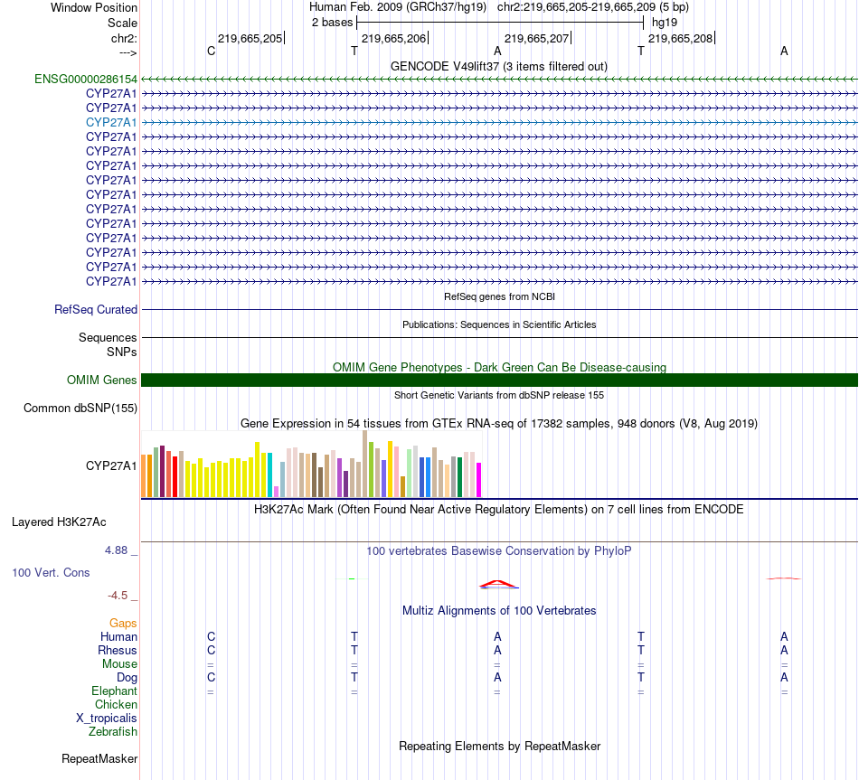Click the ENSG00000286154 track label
tap(86, 79)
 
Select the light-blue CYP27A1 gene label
tap(111, 122)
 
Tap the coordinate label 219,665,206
tap(393, 39)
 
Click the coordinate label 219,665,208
tap(680, 39)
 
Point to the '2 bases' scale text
tap(332, 22)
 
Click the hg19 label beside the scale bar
tap(664, 22)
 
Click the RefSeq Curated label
tap(96, 309)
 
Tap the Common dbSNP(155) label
tap(80, 409)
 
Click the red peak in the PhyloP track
tap(496, 582)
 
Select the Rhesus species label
tap(118, 651)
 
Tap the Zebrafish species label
tap(113, 732)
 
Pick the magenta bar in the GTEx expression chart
tap(479, 479)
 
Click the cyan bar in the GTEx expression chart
tap(270, 474)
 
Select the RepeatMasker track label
tap(99, 759)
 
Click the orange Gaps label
tap(123, 624)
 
